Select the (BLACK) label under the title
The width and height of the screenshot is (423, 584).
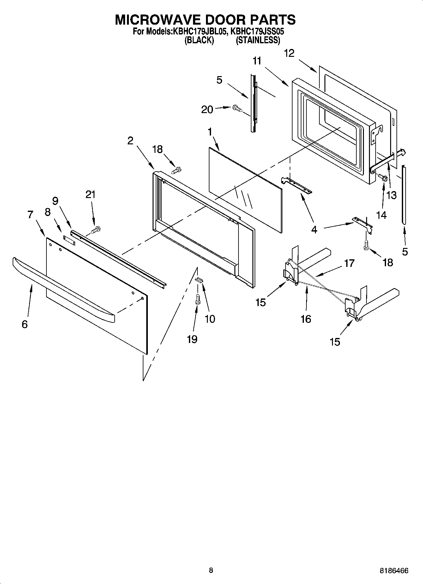click(x=199, y=40)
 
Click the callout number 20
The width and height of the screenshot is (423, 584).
click(x=207, y=109)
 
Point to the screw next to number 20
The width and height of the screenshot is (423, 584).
click(x=237, y=108)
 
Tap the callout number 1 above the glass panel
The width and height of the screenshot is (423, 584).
click(x=210, y=132)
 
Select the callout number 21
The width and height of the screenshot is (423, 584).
click(x=90, y=195)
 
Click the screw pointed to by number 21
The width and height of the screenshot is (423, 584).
click(x=96, y=230)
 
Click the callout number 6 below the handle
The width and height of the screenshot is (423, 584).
click(x=25, y=324)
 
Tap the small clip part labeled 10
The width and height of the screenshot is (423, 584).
click(x=199, y=279)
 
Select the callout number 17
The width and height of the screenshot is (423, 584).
click(x=349, y=263)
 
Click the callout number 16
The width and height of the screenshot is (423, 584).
click(x=306, y=319)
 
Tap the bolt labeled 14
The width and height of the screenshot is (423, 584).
click(x=383, y=178)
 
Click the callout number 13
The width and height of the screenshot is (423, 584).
click(x=391, y=195)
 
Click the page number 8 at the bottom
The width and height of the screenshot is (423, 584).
click(x=211, y=570)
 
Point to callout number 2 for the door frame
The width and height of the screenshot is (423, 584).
click(x=130, y=141)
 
